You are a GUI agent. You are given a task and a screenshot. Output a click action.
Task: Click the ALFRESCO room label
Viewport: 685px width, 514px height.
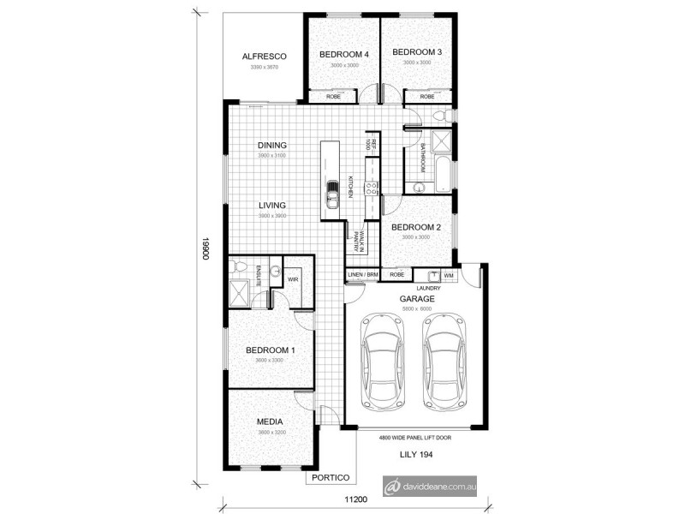263,57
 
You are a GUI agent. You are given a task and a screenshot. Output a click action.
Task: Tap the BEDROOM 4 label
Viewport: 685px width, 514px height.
343,55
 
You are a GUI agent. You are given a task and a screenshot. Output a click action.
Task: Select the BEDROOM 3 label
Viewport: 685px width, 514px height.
417,52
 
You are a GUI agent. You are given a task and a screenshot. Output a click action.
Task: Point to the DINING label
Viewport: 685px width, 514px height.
272,146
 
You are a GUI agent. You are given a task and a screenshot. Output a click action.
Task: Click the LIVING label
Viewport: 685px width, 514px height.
272,206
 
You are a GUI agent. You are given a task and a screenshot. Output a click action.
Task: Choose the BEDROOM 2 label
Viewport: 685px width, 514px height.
416,227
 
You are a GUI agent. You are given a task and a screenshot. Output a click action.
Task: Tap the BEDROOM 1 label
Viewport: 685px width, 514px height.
270,350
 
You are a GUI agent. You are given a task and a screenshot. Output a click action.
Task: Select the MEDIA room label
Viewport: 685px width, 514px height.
270,422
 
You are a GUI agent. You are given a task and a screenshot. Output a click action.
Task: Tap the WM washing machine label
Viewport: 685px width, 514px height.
450,275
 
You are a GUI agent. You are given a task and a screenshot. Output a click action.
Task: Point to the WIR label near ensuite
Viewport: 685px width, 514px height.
292,279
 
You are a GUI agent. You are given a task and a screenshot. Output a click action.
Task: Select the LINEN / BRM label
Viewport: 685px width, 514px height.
362,275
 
